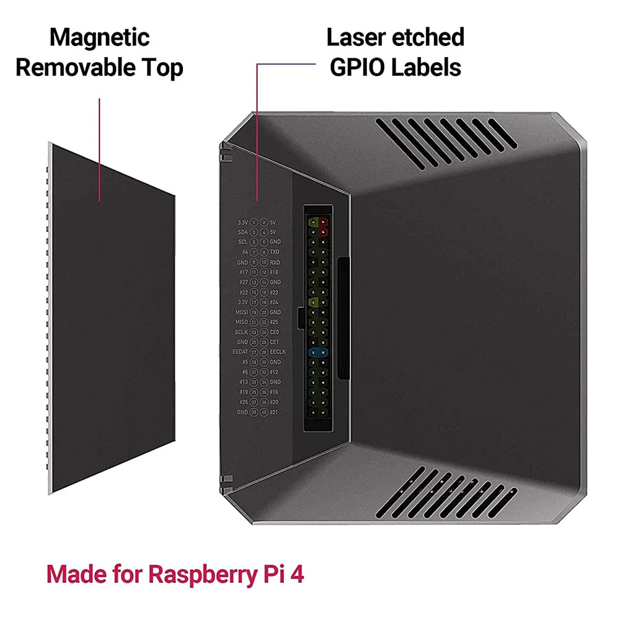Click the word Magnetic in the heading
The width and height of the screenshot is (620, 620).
[99, 37]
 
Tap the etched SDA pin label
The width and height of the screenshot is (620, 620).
[242, 232]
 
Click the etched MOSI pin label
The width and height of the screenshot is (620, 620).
[241, 312]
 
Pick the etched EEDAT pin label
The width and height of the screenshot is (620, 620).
[240, 352]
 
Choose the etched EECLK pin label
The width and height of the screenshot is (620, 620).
[278, 352]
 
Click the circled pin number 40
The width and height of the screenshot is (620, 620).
[264, 412]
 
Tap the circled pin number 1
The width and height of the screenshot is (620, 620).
[254, 222]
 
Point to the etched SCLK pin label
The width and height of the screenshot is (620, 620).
[241, 332]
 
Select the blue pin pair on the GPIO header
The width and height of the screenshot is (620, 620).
[318, 352]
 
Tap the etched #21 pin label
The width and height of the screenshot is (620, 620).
[275, 412]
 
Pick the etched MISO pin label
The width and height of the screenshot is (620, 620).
[241, 322]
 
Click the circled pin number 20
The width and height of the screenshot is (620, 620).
[264, 312]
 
